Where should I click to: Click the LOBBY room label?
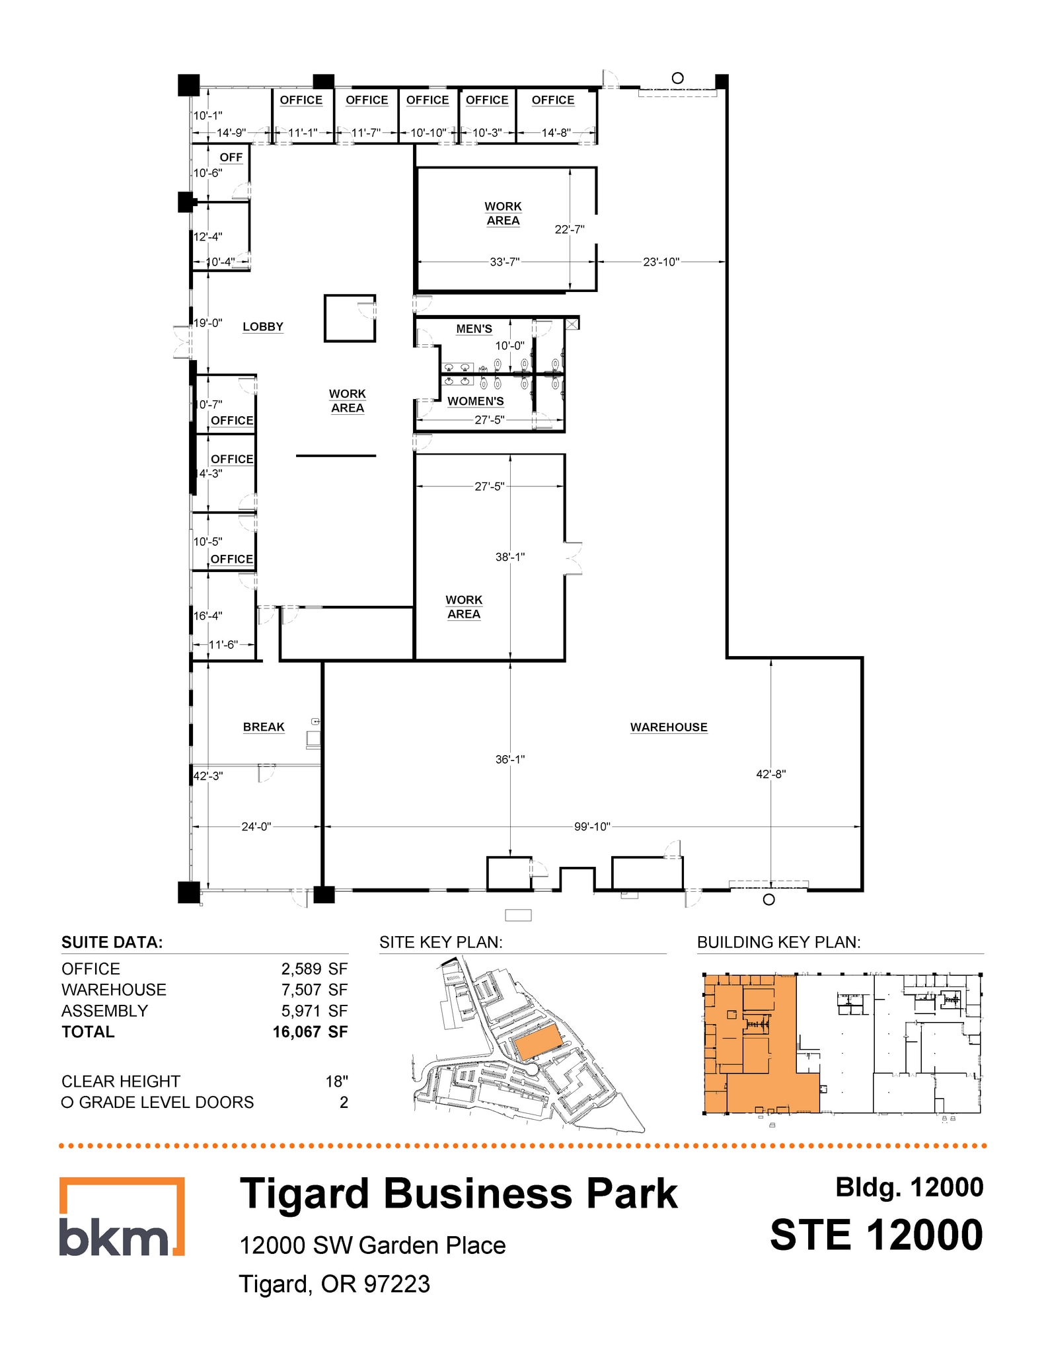tap(262, 326)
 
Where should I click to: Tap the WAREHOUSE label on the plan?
tap(668, 727)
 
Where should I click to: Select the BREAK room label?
tap(263, 727)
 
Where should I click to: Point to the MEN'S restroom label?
tap(474, 328)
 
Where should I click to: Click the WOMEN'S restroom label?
tap(475, 401)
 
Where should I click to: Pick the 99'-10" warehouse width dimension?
tap(591, 826)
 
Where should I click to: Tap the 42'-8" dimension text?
tap(770, 774)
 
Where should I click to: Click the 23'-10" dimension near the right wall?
tap(661, 262)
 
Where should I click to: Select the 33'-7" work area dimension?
tap(504, 262)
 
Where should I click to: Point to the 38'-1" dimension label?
tap(510, 557)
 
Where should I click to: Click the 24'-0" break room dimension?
tap(256, 826)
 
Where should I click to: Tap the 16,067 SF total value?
tap(310, 1032)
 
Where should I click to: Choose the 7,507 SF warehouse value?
tap(314, 990)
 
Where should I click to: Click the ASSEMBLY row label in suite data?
tap(104, 1011)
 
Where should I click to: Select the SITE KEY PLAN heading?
tap(441, 942)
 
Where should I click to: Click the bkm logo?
tap(122, 1216)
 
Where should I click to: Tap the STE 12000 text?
tap(876, 1235)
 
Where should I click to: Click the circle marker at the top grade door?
tap(677, 78)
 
